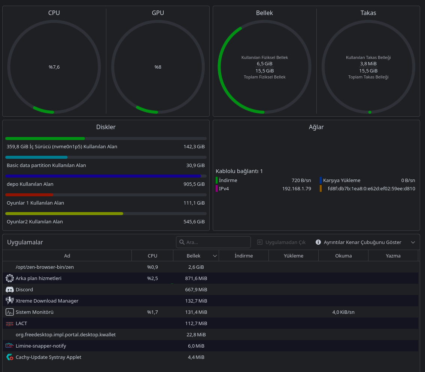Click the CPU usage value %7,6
pos(54,67)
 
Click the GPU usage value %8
pos(158,67)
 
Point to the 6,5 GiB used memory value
pos(264,63)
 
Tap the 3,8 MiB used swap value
pos(368,63)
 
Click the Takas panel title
pos(368,13)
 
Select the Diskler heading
pos(106,127)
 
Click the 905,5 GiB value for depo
pos(194,184)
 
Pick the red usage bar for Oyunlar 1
pos(29,195)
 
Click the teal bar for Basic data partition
pos(36,157)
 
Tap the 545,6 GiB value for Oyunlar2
pos(194,221)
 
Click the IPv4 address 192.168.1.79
pos(297,188)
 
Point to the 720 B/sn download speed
pos(301,180)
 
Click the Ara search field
pos(213,242)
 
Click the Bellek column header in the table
pos(194,256)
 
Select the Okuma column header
pos(343,256)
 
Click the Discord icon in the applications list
pos(10,290)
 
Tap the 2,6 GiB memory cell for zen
pos(196,267)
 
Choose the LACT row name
pos(21,323)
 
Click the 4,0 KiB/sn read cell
pos(343,312)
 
